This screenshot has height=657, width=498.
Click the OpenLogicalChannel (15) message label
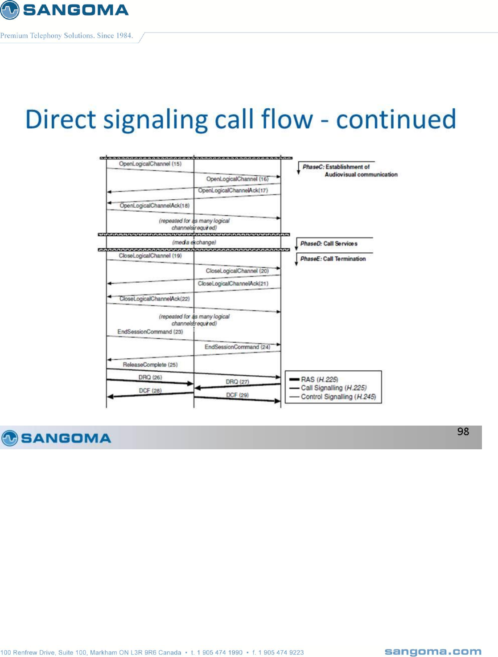pos(150,164)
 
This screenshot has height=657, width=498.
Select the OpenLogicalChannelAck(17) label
pos(233,191)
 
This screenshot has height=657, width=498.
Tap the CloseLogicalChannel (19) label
pos(150,256)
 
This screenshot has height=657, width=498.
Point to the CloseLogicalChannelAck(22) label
pos(154,299)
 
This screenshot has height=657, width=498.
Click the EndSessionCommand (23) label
pos(150,332)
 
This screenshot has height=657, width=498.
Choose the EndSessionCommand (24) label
pos(237,347)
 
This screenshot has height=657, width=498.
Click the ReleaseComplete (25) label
pos(150,365)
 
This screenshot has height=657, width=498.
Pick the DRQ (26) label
pos(150,378)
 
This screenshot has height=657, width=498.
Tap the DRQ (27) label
pos(237,382)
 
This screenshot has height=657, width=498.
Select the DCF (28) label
pos(150,391)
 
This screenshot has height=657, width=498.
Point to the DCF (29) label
pos(237,395)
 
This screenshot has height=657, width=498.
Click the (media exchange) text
pos(194,242)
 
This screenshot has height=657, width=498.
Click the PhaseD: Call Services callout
pos(329,244)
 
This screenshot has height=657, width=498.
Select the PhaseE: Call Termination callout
pos(333,259)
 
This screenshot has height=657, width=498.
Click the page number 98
pos(463,431)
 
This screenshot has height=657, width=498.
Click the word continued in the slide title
pos(396,119)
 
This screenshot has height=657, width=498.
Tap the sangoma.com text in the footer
pos(433,652)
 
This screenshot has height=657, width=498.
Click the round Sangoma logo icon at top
pos(10,10)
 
